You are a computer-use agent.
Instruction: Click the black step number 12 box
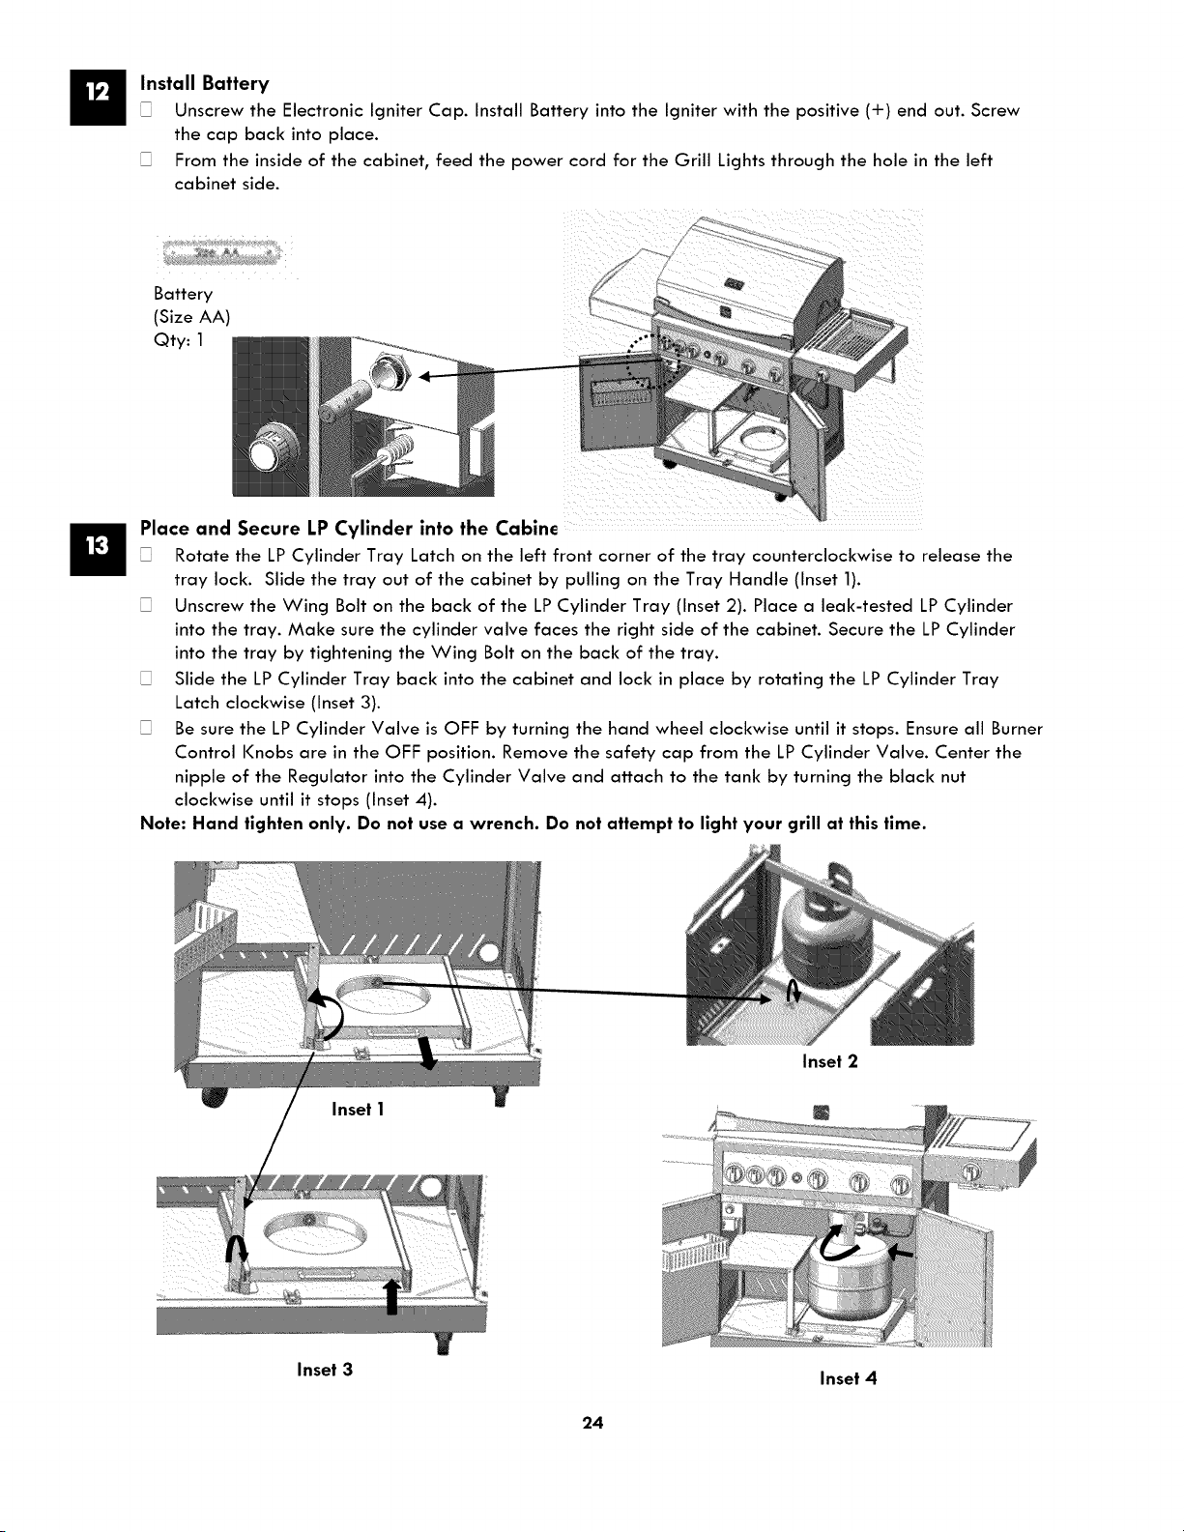(x=98, y=98)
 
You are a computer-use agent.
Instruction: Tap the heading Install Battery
(x=204, y=84)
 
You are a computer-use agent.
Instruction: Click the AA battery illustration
(x=221, y=253)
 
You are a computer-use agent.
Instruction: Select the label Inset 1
(x=358, y=1110)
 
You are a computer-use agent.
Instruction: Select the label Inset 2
(x=829, y=1061)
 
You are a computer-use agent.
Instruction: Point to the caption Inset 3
(x=324, y=1370)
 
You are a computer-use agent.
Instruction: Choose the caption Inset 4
(x=848, y=1378)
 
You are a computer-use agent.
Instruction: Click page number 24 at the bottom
(x=592, y=1423)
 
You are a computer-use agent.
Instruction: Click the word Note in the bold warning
(x=162, y=824)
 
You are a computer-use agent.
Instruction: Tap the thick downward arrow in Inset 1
(x=426, y=1054)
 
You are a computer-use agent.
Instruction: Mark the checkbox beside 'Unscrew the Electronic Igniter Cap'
(x=146, y=110)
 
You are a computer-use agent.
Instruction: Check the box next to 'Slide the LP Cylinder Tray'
(x=146, y=679)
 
